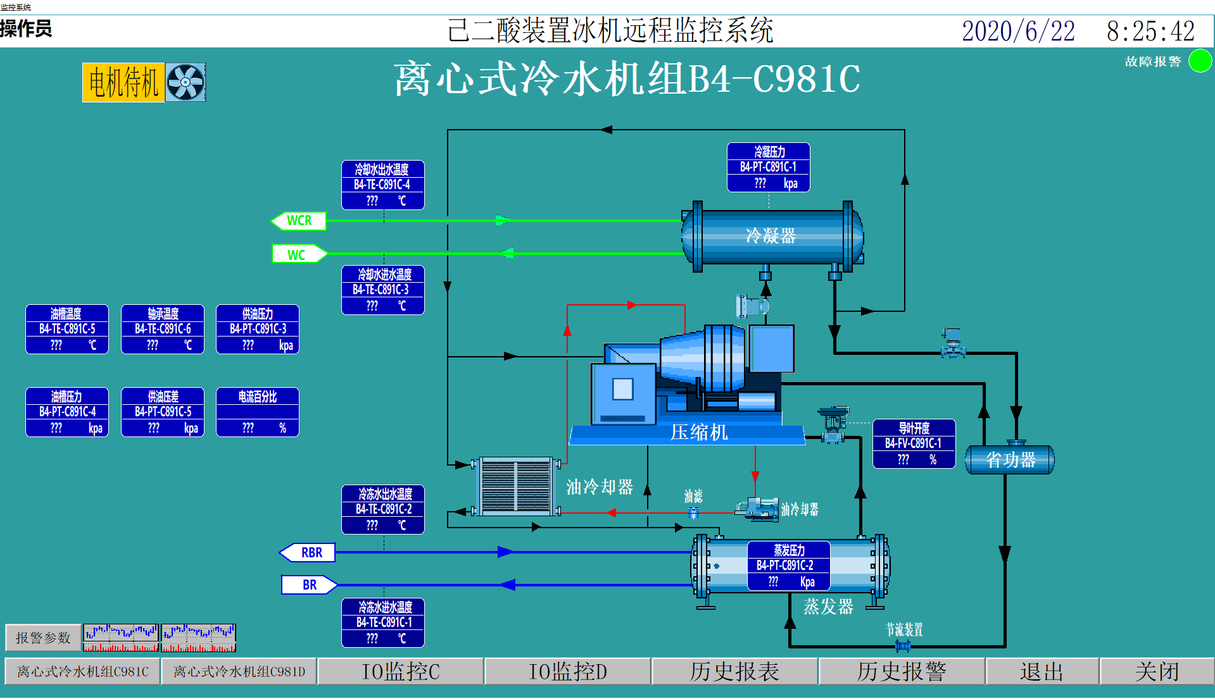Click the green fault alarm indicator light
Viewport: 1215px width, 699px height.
(x=1200, y=61)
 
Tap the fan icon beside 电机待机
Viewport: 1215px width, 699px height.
(x=186, y=82)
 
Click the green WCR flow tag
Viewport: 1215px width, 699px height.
(x=299, y=221)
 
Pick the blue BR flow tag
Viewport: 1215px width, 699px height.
(x=308, y=585)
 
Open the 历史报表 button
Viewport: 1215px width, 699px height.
(x=734, y=672)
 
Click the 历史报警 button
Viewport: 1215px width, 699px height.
(x=902, y=672)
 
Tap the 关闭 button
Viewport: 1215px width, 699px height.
(x=1157, y=672)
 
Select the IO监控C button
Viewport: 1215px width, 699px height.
(x=400, y=672)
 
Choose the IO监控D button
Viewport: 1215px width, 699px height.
(x=567, y=672)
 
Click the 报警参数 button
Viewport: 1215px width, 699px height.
(x=43, y=638)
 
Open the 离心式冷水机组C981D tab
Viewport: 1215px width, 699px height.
(x=239, y=672)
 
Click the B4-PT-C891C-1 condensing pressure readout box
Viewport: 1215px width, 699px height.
(x=769, y=168)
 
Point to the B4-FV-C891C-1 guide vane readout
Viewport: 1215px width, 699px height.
(x=914, y=444)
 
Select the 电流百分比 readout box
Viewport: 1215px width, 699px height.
(x=258, y=412)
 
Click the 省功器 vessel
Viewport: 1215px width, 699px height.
(x=1010, y=460)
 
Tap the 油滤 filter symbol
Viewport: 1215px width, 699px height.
(x=693, y=513)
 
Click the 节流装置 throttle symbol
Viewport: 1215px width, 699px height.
(x=903, y=646)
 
